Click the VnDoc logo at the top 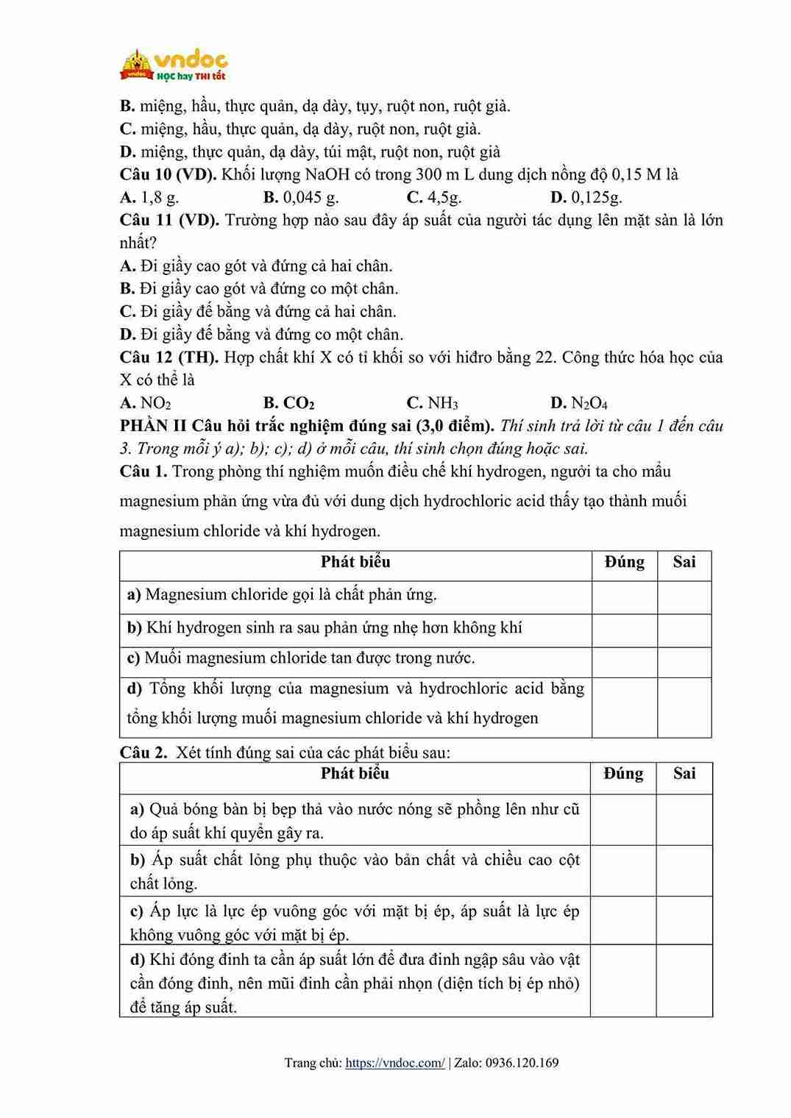(x=174, y=65)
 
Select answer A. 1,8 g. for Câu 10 (x=149, y=197)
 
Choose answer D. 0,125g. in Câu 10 (x=586, y=197)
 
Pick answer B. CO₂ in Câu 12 (x=289, y=403)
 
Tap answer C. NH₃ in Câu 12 (x=433, y=403)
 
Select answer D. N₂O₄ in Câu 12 (x=579, y=403)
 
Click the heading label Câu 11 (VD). (x=169, y=221)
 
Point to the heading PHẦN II (x=152, y=426)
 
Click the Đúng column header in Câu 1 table (x=624, y=563)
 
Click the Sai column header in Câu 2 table (x=684, y=774)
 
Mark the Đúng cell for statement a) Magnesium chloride (x=624, y=597)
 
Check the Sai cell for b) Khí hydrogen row (x=684, y=630)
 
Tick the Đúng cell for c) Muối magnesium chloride (x=624, y=661)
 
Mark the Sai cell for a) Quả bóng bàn (x=684, y=819)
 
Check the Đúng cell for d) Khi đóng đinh (x=622, y=981)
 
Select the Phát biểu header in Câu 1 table (x=355, y=563)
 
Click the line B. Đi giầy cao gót (x=259, y=289)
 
